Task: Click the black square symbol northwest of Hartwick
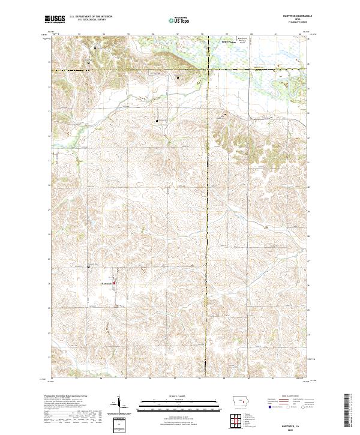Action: [x=89, y=266]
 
